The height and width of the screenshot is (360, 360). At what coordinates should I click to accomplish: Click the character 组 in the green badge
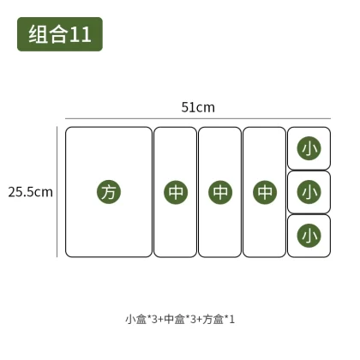(38, 34)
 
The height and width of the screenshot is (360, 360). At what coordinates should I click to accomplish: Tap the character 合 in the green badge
(58, 34)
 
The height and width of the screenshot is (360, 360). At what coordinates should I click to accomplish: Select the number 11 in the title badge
(81, 34)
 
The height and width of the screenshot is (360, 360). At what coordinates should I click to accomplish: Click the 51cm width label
(198, 107)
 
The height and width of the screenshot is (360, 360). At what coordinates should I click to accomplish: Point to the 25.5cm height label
(31, 192)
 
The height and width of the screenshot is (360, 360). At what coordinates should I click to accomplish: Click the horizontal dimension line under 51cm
(198, 118)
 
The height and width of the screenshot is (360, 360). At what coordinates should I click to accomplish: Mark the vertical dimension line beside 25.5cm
(57, 192)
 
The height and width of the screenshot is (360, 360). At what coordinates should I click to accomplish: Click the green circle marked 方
(109, 192)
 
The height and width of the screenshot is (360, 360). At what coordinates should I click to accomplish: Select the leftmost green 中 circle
(176, 192)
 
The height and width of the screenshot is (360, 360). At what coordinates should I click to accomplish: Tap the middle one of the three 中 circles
(220, 192)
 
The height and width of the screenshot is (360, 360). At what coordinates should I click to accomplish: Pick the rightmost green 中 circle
(265, 192)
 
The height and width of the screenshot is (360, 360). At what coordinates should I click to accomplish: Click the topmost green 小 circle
(309, 148)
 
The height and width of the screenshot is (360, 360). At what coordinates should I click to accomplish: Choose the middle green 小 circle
(309, 192)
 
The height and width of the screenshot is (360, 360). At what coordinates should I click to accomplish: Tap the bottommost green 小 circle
(309, 236)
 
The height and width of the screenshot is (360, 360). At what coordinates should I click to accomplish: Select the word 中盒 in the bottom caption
(175, 319)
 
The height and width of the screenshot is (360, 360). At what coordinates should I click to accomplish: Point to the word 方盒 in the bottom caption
(213, 319)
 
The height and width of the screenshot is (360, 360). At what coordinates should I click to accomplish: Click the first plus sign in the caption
(161, 320)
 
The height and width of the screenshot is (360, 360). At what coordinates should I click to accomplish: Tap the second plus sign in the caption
(200, 320)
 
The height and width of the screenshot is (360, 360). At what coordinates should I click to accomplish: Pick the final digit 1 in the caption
(232, 320)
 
